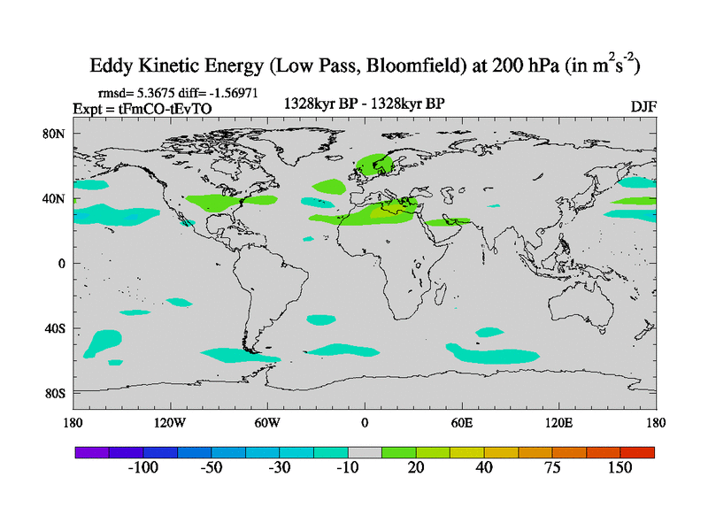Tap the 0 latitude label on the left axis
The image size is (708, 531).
(62, 263)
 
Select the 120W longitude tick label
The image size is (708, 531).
(170, 422)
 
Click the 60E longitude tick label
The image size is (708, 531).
(461, 422)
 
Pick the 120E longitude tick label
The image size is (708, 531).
(558, 422)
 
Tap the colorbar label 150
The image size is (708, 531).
(619, 467)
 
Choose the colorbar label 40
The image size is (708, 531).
(484, 467)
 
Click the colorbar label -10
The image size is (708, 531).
(348, 467)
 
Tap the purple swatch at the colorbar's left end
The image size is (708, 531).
(91, 451)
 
